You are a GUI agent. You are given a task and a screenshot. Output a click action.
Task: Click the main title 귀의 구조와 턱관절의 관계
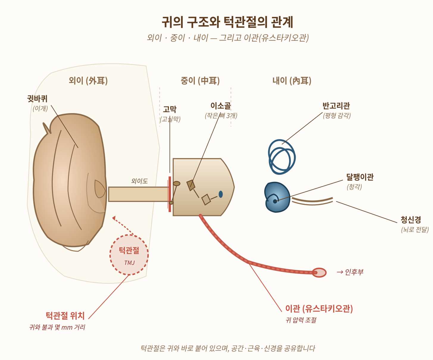click(228, 22)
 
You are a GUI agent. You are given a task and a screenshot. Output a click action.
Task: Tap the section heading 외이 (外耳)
click(88, 81)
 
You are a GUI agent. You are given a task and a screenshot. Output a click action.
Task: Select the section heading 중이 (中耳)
click(200, 81)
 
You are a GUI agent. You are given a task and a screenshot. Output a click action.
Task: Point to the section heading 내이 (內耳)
click(292, 81)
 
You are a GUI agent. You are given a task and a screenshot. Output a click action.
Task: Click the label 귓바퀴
click(37, 99)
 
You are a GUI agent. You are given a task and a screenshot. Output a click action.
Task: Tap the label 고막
click(170, 109)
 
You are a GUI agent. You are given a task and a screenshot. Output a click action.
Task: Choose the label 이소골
click(221, 106)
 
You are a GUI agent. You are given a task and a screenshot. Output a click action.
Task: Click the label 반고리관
click(336, 106)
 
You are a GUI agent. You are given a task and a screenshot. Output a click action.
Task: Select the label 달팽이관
click(359, 177)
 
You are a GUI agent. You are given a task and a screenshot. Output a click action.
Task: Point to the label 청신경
click(411, 220)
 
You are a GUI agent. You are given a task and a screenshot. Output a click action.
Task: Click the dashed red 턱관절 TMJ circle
click(129, 255)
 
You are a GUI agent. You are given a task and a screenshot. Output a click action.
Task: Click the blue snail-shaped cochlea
click(277, 197)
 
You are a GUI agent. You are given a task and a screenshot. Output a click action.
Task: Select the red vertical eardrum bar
click(170, 194)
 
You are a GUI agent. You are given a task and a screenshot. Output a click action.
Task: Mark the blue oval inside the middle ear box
click(221, 194)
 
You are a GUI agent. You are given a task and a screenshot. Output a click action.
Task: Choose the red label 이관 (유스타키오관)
click(319, 308)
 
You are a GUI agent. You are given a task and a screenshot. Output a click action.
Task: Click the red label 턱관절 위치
click(65, 316)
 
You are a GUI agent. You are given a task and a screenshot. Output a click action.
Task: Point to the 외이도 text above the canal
click(139, 181)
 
